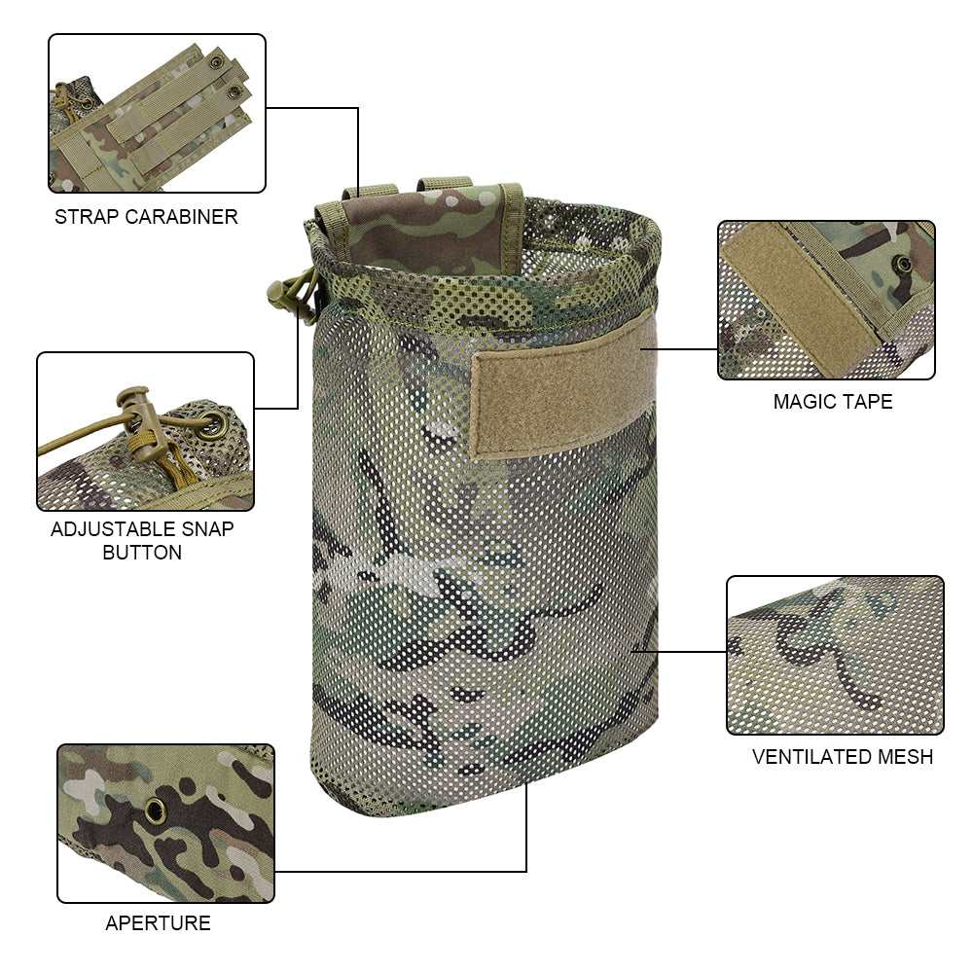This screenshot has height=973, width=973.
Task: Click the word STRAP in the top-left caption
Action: pos(87,217)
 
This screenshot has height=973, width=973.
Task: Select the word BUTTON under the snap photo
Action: pos(142,553)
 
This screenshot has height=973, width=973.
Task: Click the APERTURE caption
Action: pos(159,923)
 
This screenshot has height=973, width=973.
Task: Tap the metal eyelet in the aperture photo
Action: pos(155,811)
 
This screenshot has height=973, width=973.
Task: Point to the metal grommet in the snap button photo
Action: pos(213,425)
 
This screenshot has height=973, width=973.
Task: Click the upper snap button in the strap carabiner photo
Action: pos(217,62)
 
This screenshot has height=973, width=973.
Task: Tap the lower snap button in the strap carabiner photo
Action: pos(234,92)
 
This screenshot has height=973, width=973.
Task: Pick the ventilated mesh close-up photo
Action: pos(835,655)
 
